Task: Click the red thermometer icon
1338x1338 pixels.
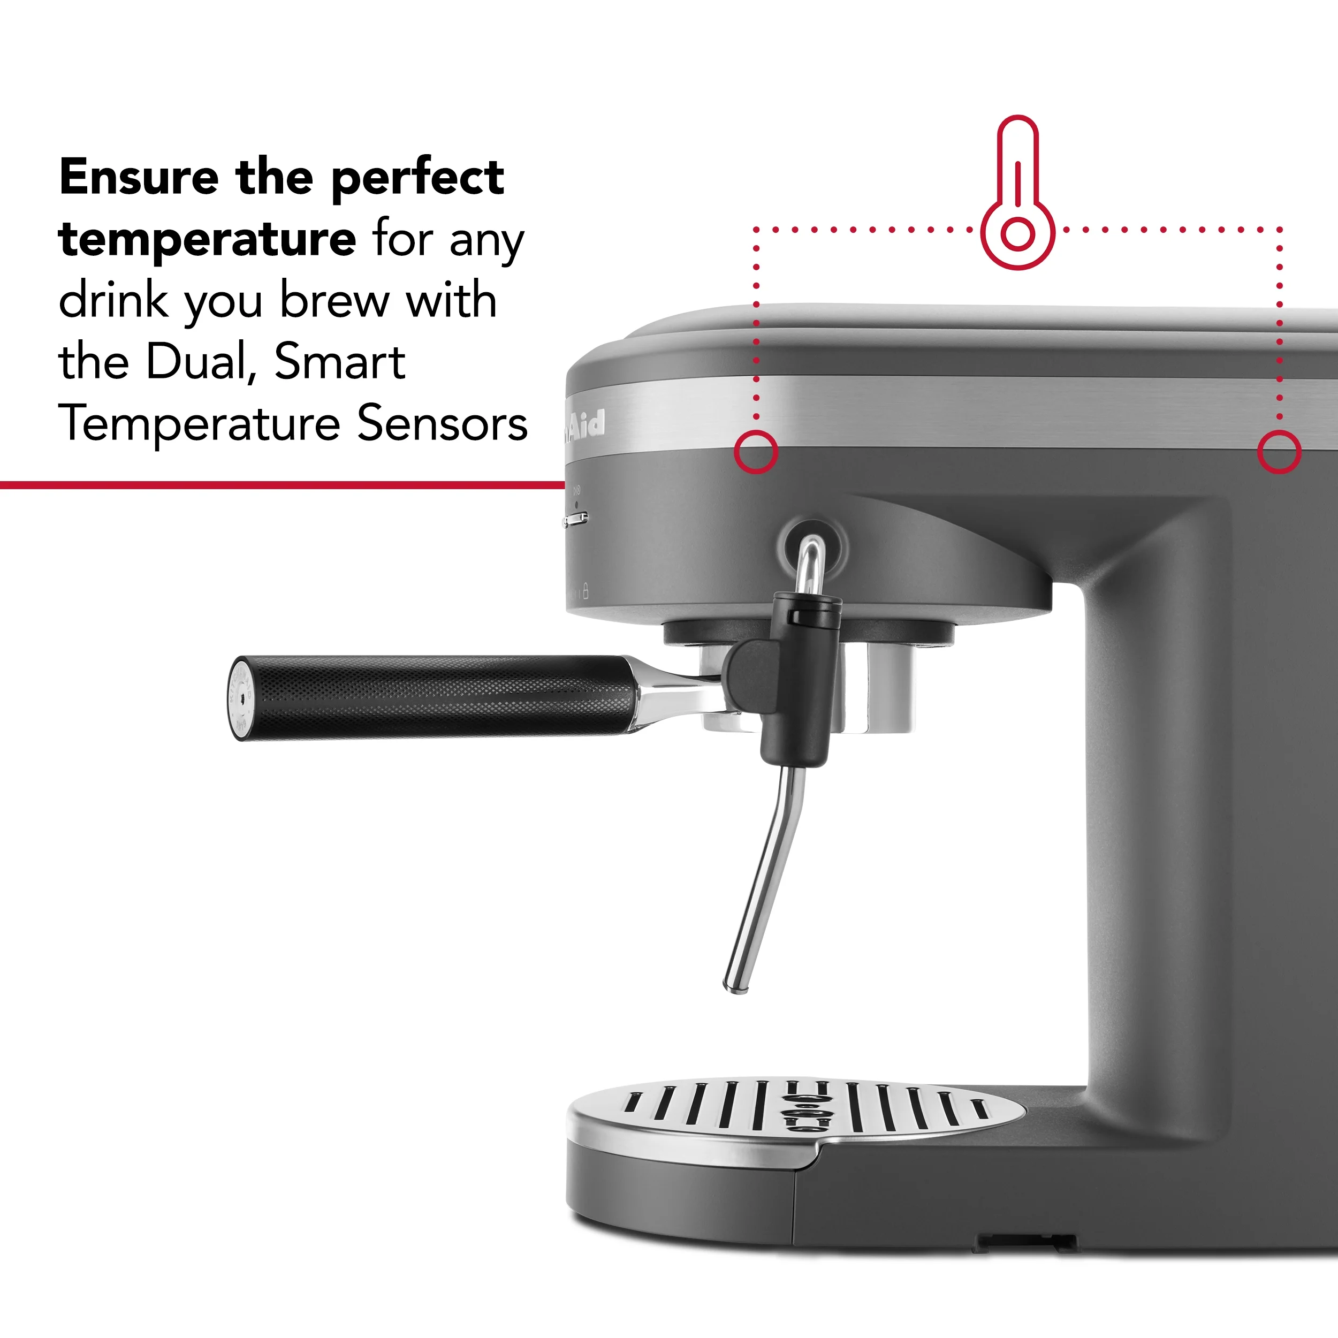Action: [x=1017, y=194]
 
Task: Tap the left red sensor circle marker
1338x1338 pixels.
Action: [x=756, y=452]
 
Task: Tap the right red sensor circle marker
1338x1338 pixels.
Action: [x=1279, y=452]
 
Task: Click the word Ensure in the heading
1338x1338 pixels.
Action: [x=139, y=177]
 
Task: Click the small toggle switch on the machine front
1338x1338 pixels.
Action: [x=576, y=519]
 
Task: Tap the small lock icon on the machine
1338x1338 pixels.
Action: [x=586, y=591]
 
